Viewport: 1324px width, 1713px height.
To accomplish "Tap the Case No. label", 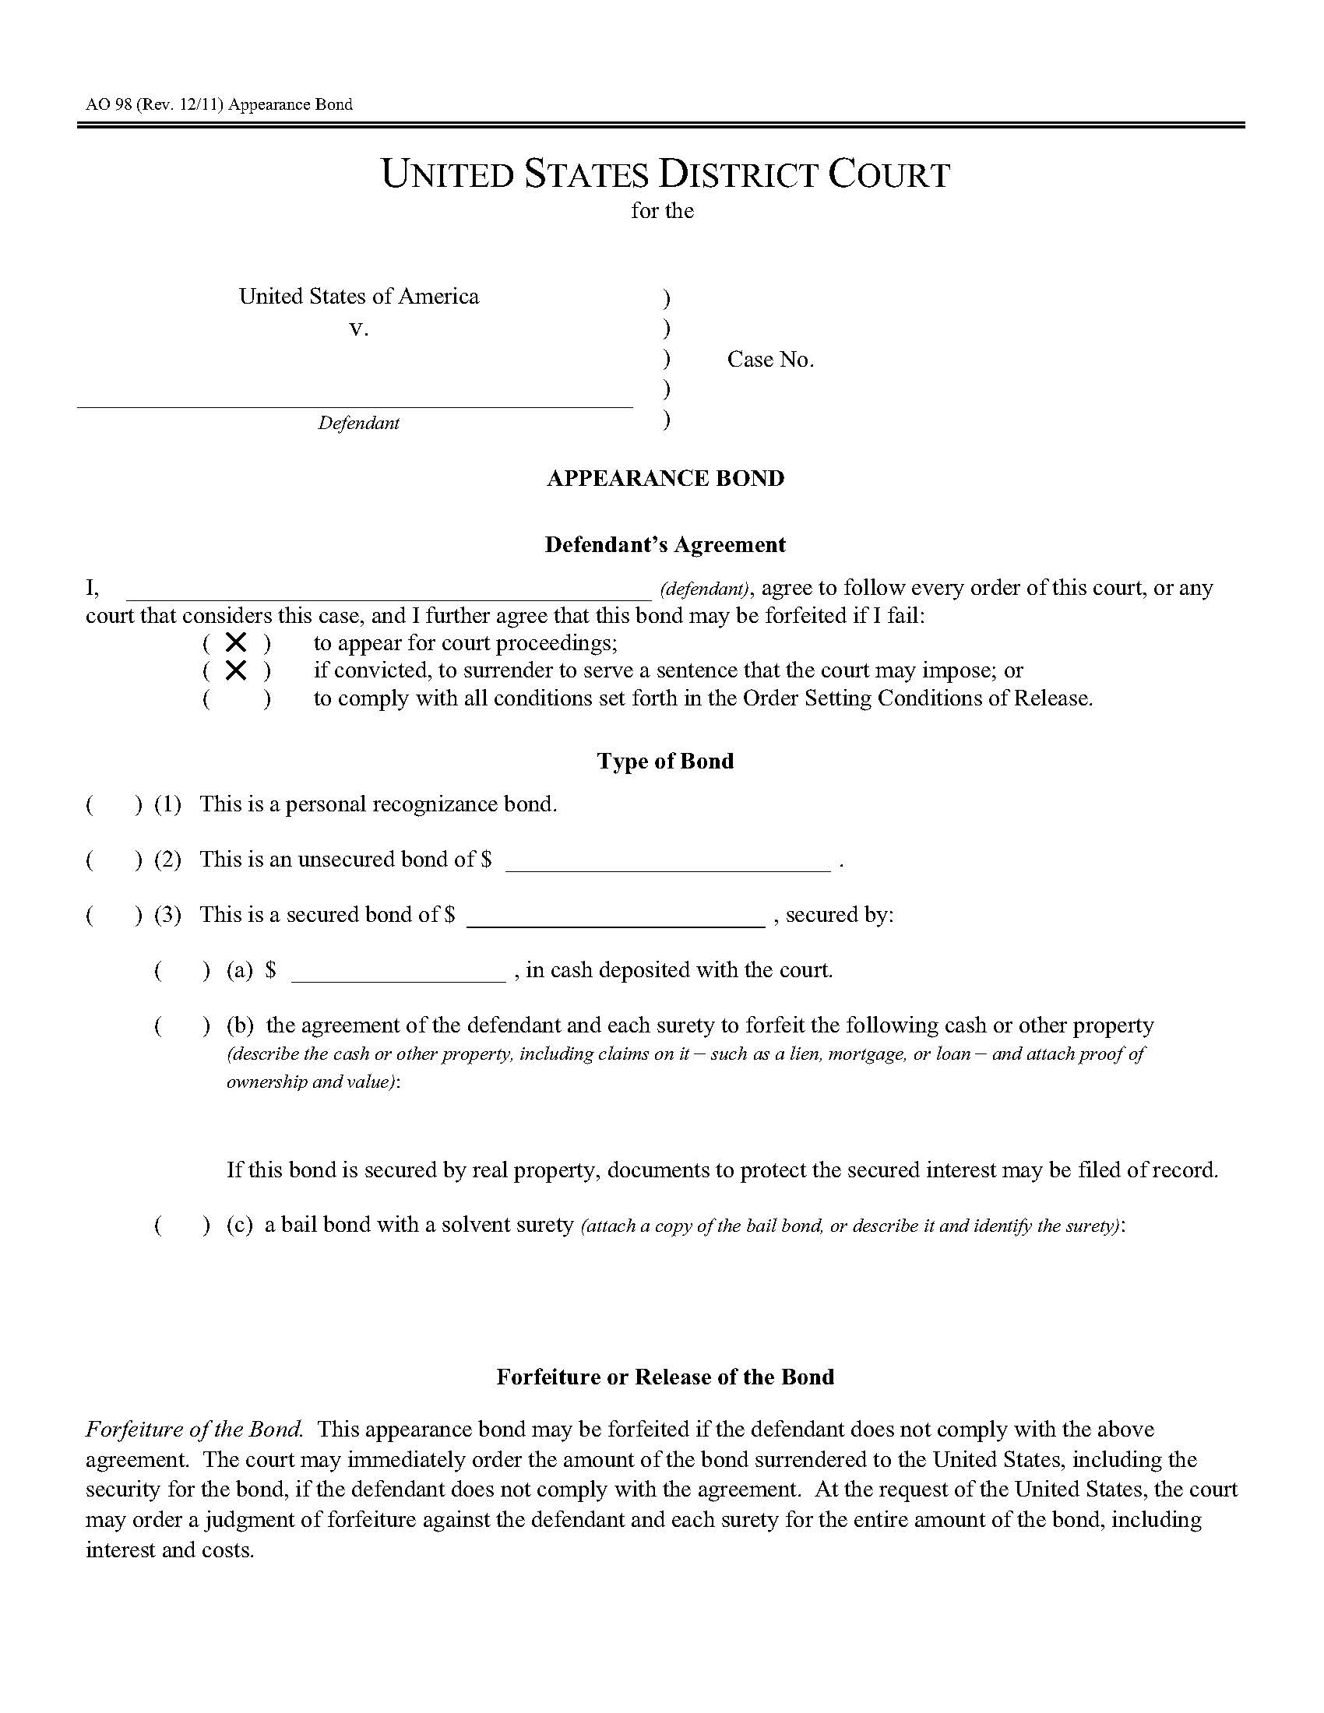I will click(x=770, y=359).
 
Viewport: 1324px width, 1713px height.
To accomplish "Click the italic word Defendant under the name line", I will click(x=358, y=424).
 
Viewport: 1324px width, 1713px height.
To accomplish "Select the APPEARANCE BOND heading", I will click(x=665, y=478).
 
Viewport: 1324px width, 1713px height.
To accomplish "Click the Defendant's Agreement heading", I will click(x=665, y=545).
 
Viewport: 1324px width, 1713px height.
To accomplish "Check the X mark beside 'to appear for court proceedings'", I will click(x=236, y=643).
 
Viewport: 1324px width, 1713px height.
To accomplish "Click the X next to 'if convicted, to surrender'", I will click(x=236, y=670).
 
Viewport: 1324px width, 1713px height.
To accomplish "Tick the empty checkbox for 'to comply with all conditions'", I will click(x=236, y=698).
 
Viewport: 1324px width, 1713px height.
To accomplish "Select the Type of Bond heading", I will click(x=665, y=761).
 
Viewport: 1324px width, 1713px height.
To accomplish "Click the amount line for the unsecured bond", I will click(x=667, y=861).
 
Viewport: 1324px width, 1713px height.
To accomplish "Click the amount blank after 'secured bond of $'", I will click(x=616, y=916).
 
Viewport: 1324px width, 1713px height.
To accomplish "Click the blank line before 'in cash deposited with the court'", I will click(x=399, y=973).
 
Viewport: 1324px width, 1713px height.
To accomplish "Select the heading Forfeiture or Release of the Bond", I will click(x=665, y=1377).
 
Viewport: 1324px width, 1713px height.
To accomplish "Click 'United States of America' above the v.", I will click(x=358, y=297).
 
